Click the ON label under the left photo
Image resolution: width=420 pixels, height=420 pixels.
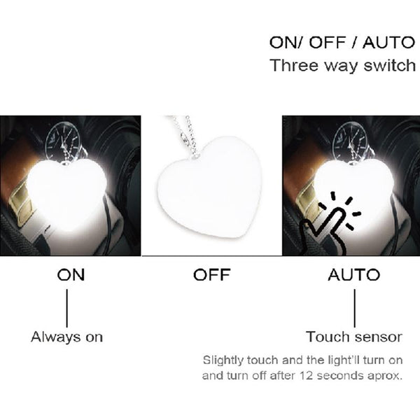point(71,274)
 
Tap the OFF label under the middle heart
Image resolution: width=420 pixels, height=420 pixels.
point(211,274)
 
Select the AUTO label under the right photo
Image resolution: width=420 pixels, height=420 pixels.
point(354,274)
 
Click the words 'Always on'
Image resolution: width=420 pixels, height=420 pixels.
point(67,337)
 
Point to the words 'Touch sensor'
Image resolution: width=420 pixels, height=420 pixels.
point(354,337)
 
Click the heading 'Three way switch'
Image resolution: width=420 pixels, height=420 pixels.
point(342,66)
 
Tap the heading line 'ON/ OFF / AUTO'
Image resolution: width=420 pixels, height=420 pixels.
point(342,43)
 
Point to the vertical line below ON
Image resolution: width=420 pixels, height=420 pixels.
point(67,308)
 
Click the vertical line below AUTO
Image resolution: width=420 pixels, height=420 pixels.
point(355,308)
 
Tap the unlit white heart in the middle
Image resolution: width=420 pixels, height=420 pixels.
point(209,187)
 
